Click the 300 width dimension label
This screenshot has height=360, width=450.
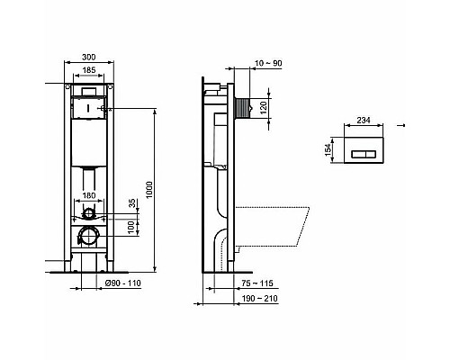point(88,56)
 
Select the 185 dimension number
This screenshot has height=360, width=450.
point(87,70)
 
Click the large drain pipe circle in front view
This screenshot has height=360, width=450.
point(88,236)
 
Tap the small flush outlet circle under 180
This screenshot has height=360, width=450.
point(87,214)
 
